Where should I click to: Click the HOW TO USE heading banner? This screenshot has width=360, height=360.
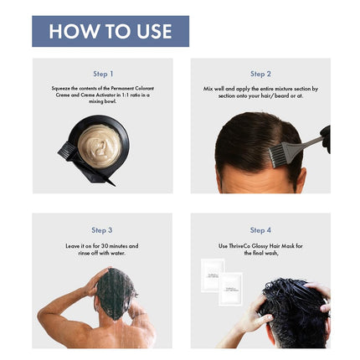(110, 31)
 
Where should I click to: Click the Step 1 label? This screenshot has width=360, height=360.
(103, 74)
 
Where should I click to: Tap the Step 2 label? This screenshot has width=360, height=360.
(260, 74)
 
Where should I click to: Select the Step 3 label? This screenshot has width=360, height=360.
(102, 229)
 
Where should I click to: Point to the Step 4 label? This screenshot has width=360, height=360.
(260, 229)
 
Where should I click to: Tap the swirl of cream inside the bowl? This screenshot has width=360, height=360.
(100, 141)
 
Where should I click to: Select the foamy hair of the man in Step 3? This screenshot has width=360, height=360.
(116, 293)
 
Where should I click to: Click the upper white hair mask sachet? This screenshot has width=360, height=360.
(212, 275)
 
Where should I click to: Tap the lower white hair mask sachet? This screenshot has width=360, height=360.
(230, 288)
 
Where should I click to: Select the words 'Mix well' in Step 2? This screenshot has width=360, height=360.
(214, 88)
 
